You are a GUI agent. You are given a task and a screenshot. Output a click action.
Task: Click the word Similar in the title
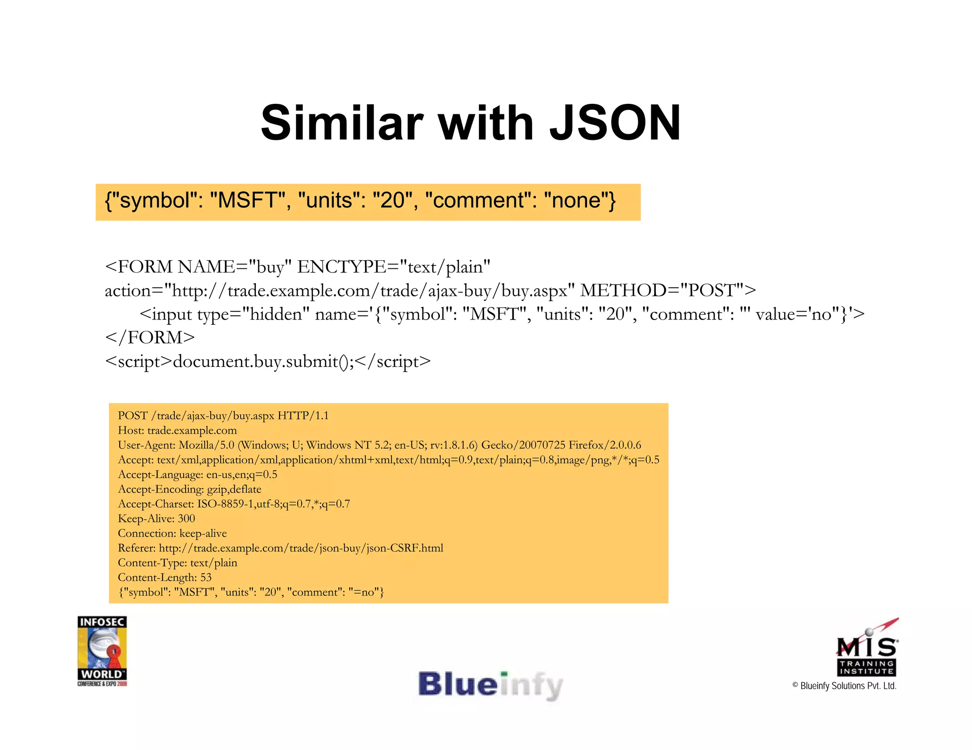(x=342, y=123)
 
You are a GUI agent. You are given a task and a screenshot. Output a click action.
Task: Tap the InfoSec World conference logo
(x=102, y=650)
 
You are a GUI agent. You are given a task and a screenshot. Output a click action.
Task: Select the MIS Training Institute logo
(x=867, y=649)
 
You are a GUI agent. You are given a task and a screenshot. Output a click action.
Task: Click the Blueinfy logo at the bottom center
(x=490, y=685)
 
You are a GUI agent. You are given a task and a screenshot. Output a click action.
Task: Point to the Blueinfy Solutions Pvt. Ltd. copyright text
(x=844, y=686)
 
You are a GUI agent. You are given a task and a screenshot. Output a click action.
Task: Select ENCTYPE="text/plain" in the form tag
(x=393, y=267)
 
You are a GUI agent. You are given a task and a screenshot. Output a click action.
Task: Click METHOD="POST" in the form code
(x=668, y=290)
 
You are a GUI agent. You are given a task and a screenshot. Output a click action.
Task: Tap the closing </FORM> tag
(x=150, y=338)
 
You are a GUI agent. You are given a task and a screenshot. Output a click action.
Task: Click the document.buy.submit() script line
(x=268, y=361)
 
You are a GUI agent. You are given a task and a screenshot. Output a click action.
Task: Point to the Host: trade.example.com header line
(x=177, y=430)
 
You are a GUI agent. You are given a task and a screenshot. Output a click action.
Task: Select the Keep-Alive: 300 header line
(x=156, y=519)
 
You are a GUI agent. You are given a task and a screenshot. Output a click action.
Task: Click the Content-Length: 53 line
(x=164, y=577)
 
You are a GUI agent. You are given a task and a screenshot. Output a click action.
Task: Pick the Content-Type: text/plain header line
(x=177, y=563)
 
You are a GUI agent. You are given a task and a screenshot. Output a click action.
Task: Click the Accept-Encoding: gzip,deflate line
(x=189, y=489)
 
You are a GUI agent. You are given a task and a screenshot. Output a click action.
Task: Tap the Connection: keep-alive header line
(x=172, y=533)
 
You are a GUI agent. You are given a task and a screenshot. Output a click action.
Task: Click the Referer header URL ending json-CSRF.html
(x=301, y=548)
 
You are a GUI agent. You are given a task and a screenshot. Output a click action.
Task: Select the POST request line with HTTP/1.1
(x=223, y=416)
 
